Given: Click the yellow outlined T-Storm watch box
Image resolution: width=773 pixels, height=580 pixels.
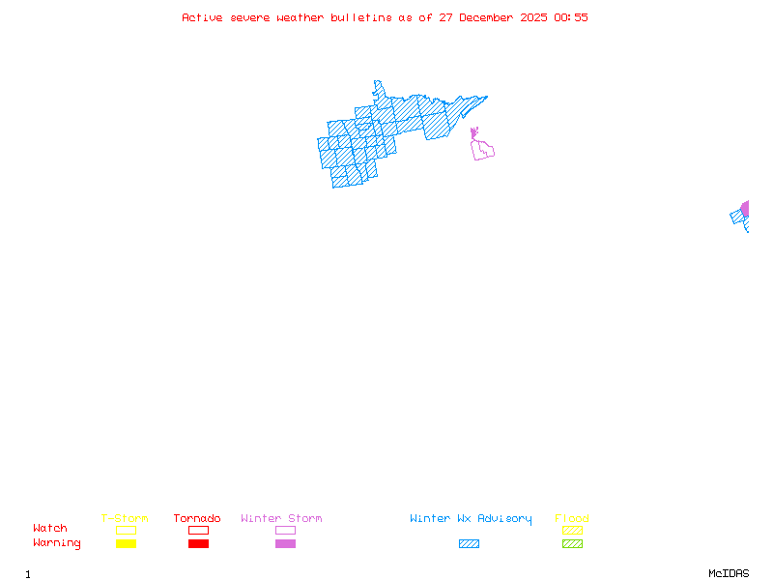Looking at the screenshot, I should pos(126,530).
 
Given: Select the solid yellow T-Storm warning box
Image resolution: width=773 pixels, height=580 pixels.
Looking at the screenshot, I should pos(126,544).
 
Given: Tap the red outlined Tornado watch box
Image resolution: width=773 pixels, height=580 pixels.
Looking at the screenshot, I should pos(198,530).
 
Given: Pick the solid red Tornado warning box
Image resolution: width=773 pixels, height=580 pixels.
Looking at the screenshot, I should pos(198,544).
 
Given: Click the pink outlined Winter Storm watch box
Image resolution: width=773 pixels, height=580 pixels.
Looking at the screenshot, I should pos(285,530).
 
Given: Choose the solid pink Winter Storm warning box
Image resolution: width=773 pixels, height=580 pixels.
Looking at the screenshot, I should pos(285,544).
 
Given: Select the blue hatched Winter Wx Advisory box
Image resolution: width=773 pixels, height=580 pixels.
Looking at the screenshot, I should pos(469,544).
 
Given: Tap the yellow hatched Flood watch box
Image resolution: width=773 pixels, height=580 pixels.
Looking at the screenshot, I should pos(572,530).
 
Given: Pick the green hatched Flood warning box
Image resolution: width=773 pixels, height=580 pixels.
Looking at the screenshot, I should pos(572,544).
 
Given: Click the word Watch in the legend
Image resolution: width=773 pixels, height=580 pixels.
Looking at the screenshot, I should pos(50,529).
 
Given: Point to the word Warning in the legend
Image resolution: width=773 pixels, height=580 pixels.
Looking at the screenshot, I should pos(57,543).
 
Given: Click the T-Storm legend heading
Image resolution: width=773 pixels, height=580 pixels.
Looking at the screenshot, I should pos(125,519).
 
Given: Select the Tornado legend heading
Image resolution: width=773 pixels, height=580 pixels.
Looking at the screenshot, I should pos(197,519).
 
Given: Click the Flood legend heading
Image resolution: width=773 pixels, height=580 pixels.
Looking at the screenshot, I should pos(572,519).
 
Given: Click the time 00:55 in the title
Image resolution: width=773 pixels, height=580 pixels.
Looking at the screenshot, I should pos(571,17).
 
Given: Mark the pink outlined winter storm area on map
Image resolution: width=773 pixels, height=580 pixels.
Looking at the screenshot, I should pos(483,150).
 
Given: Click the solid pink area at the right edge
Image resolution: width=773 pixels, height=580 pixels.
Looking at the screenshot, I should pos(745,208).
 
